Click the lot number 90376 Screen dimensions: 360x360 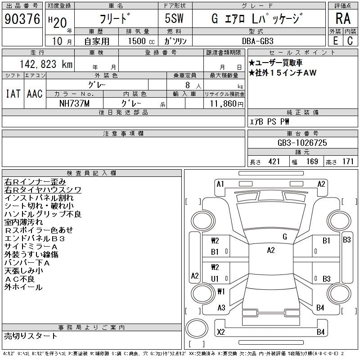tap(22, 19)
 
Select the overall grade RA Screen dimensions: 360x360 tap(343, 19)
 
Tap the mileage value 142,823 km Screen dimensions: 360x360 tap(46, 64)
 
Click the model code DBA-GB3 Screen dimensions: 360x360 tap(258, 41)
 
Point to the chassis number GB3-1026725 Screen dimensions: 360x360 tap(302, 143)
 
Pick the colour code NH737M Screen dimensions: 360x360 tap(74, 103)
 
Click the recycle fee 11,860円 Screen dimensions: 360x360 tap(227, 104)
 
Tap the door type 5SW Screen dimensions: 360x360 tap(174, 18)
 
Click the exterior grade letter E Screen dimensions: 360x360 tap(335, 41)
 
